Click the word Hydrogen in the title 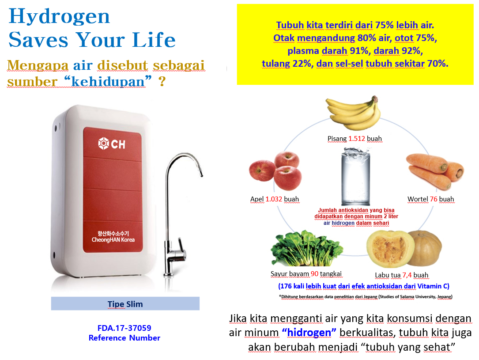coord(59,17)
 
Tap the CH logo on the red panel coord(112,144)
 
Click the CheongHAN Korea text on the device coord(113,240)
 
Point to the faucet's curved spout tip coord(201,175)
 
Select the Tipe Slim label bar coord(125,303)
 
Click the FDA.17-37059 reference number coord(124,328)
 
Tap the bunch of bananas coord(354,113)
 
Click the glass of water coord(355,177)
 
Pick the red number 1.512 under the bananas coord(357,138)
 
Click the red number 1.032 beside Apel coord(274,199)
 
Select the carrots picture coord(435,171)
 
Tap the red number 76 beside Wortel coord(434,199)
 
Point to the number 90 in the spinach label coord(315,273)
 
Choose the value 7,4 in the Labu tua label coord(407,275)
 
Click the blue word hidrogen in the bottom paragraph coord(309,332)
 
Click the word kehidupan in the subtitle coord(108,81)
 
